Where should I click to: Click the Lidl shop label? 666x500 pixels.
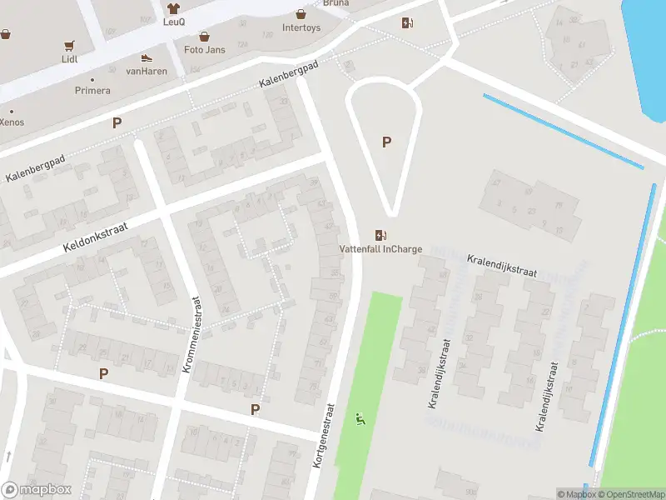coord(69,60)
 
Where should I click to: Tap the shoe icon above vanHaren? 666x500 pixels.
coord(147,57)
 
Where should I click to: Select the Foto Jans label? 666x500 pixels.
coord(204,49)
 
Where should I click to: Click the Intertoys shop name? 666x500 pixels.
coord(301,27)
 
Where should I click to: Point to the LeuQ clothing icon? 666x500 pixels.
coord(173,8)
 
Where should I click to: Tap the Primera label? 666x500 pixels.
coord(92,90)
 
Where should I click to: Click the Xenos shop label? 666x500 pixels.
coord(12,122)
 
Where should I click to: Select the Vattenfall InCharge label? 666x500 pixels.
coord(380,249)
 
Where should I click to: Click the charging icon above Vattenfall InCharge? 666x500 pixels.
coord(381,235)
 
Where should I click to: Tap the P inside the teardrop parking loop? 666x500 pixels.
coord(386,142)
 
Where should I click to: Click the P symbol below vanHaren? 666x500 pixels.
coord(117,122)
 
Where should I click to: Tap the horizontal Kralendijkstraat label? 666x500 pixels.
coord(501,266)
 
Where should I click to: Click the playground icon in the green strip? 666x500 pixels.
coord(361,418)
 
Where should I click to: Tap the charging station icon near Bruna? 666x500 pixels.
coord(407,22)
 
